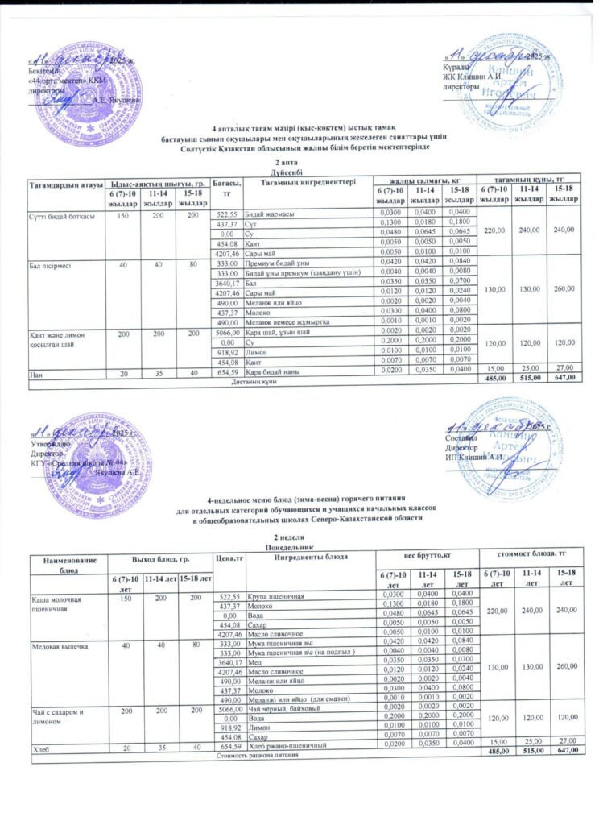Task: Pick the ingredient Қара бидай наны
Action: [273, 371]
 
